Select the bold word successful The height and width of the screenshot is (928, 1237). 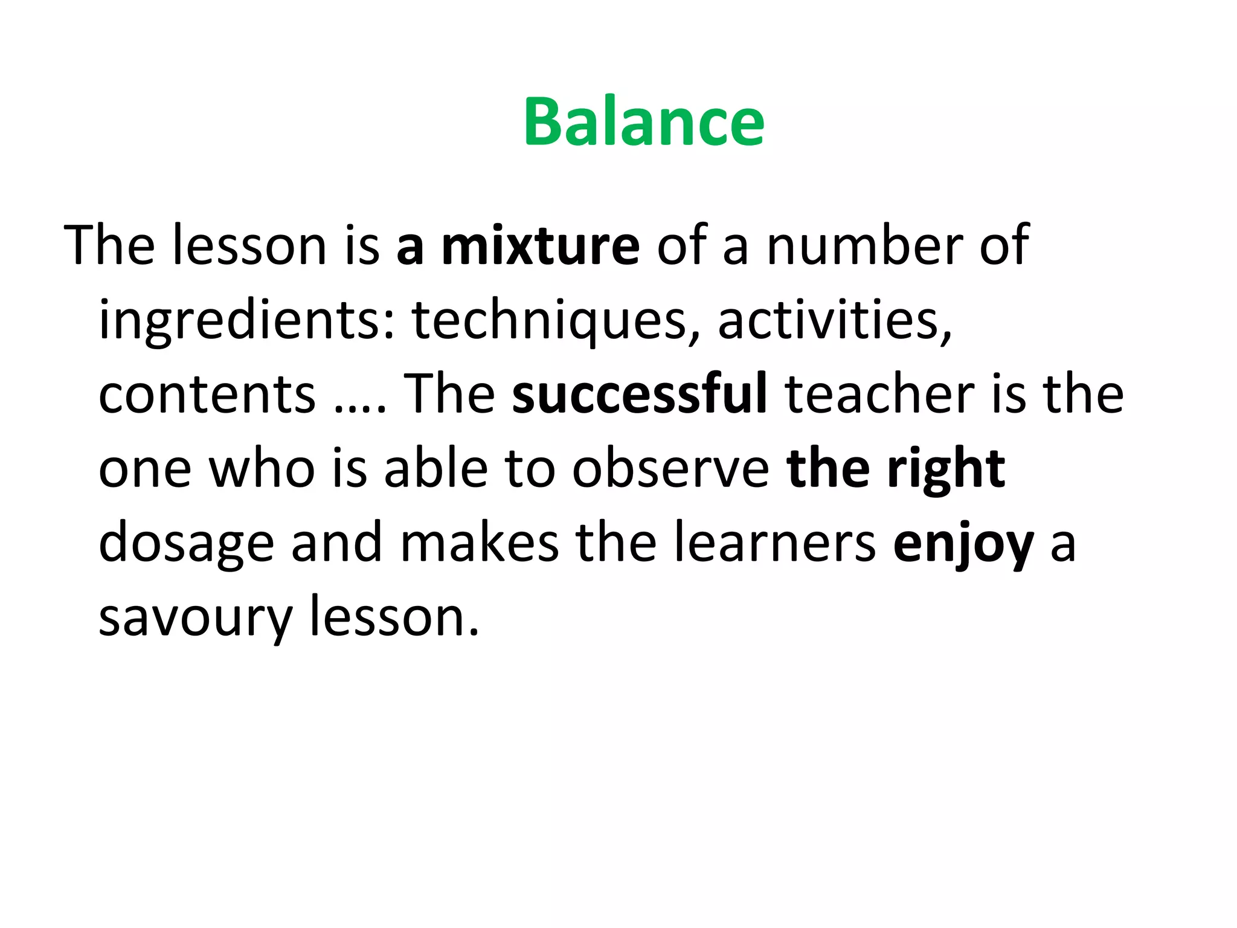tap(640, 393)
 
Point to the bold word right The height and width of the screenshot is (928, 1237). tap(946, 470)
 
